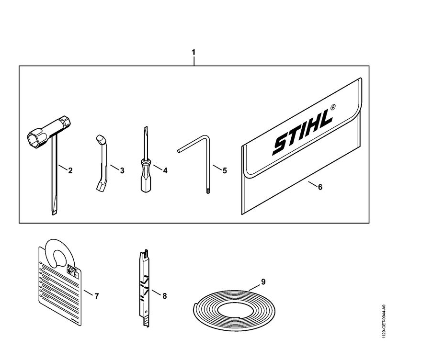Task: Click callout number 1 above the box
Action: [194, 52]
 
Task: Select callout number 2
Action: [70, 170]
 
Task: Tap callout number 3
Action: [122, 170]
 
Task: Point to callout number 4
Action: [165, 170]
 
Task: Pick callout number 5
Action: [225, 170]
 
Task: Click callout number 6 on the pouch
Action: [320, 187]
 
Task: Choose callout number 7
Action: [96, 296]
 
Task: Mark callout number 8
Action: [164, 296]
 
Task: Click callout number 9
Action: [263, 281]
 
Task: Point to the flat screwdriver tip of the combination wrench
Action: [52, 211]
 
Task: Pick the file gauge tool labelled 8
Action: [143, 287]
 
